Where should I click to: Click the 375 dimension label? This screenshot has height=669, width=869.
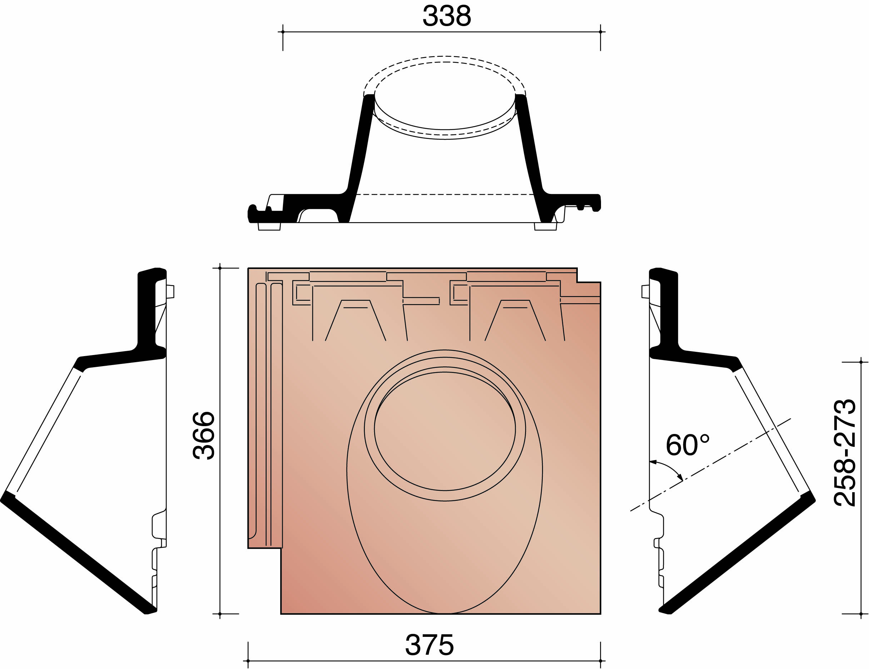coord(429,645)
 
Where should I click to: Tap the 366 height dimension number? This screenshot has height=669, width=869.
coord(204,435)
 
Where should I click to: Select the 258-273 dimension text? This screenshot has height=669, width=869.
coord(844,453)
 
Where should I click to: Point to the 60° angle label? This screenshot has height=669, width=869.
coord(687,445)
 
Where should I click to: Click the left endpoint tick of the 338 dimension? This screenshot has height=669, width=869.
coord(283,32)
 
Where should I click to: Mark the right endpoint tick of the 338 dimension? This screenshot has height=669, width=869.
coord(600,32)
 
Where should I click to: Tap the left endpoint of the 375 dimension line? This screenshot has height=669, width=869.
coord(248,661)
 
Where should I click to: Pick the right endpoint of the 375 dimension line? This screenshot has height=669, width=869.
coord(600,661)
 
